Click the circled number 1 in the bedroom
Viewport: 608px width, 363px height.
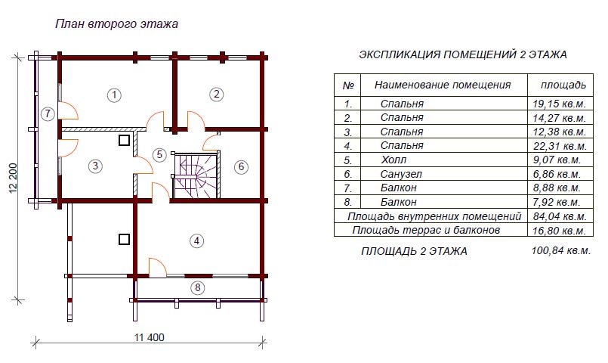click(x=114, y=95)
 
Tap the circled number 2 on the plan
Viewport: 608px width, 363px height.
click(x=216, y=94)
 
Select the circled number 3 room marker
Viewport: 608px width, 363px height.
click(x=95, y=166)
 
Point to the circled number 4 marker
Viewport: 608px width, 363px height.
click(x=196, y=240)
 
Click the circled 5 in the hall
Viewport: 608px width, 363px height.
click(x=159, y=154)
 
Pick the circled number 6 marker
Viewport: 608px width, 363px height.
click(x=241, y=166)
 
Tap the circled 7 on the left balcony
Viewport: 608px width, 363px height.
click(x=48, y=113)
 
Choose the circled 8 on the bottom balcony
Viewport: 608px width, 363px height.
click(x=198, y=287)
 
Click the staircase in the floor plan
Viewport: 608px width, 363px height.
click(x=196, y=175)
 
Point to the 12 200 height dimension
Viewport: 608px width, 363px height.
click(x=14, y=178)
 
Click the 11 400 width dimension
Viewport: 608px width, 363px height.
click(x=150, y=337)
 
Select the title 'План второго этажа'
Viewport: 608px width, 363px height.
click(x=116, y=24)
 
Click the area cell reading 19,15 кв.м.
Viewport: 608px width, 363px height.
click(x=559, y=104)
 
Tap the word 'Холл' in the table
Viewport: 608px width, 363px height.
click(x=394, y=160)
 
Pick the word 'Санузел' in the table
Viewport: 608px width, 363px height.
click(x=401, y=174)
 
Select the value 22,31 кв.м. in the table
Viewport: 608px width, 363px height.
click(x=560, y=146)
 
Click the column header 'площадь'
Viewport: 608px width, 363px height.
click(x=563, y=85)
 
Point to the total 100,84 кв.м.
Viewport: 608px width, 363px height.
click(x=560, y=250)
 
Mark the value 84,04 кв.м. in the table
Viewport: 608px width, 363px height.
click(x=560, y=216)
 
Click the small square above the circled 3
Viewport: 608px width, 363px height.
click(x=124, y=140)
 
